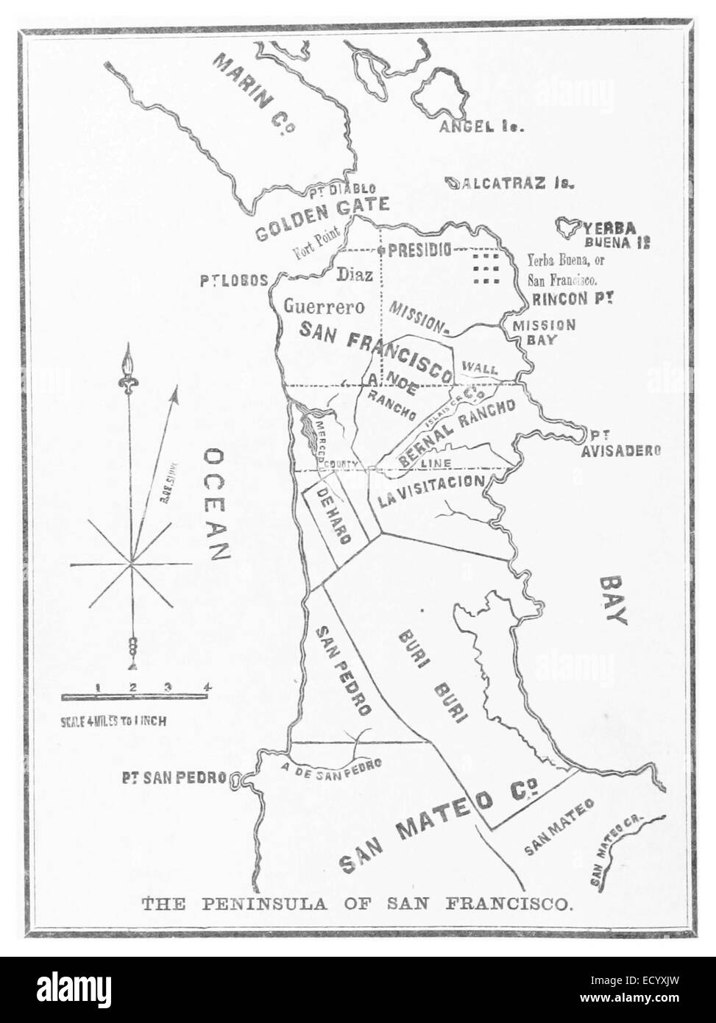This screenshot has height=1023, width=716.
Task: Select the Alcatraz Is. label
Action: click(512, 183)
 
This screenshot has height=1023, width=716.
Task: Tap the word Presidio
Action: click(419, 249)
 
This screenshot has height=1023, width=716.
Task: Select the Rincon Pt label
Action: click(572, 300)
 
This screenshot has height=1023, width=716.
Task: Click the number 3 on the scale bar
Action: click(168, 687)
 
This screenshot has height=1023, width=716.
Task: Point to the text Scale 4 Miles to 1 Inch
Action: click(113, 722)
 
